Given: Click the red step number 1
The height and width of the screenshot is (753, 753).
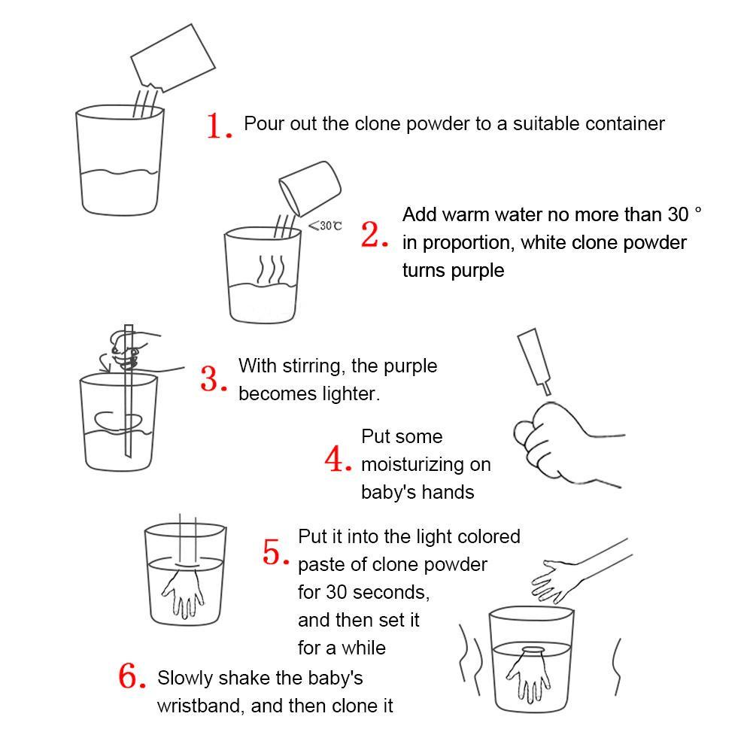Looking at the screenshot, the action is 219,126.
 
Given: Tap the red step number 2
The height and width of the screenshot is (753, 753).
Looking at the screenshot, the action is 374,235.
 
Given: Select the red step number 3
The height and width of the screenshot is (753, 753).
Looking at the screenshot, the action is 214,379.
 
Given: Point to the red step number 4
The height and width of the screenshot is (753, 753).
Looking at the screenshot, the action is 338,459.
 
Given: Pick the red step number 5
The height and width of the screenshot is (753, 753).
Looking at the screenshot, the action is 276,552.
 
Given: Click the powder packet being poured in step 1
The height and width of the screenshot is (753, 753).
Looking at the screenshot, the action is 173,58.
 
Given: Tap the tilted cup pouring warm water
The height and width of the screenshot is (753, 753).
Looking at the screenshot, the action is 310,188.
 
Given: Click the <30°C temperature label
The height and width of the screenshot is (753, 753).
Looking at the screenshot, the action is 325,226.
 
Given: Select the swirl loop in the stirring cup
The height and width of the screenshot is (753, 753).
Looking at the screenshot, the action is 118,422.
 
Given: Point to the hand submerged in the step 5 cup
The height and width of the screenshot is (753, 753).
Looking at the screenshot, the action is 183,591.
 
